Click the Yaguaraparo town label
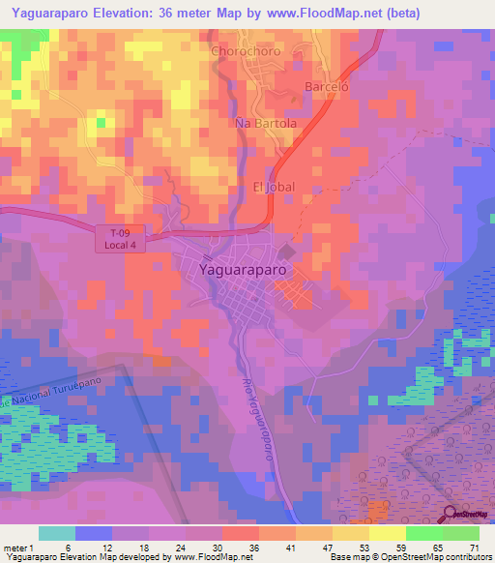(243, 271)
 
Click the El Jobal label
(272, 186)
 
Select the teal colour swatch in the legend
(57, 533)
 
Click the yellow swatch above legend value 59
(388, 533)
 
